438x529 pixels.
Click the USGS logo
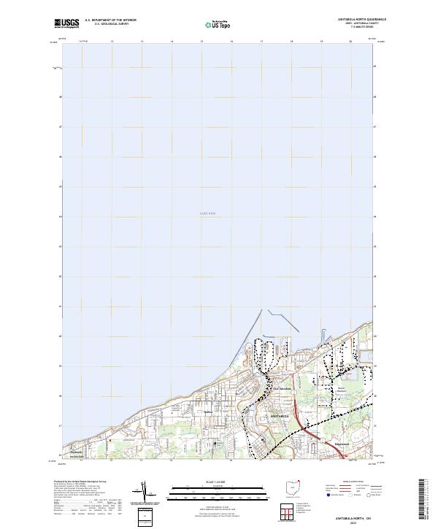[66, 23]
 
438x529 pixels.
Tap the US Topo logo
[219, 25]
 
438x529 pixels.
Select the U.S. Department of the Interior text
[110, 20]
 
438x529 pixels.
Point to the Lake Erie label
[208, 213]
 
